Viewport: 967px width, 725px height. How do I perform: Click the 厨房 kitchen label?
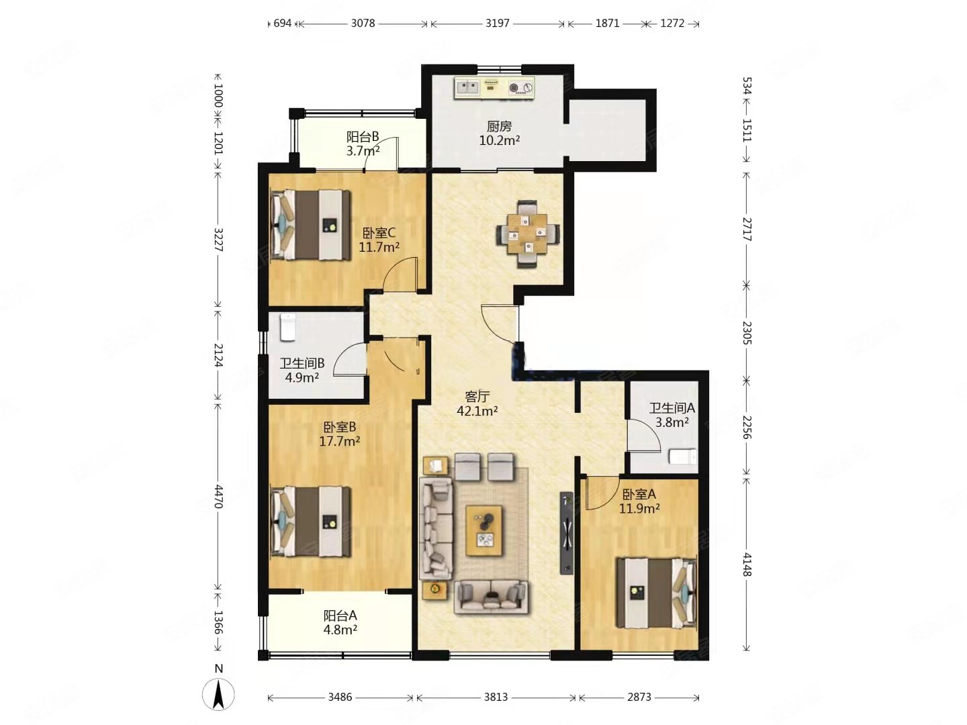499,127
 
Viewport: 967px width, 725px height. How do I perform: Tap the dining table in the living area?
527,233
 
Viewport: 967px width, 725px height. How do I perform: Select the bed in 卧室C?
311,224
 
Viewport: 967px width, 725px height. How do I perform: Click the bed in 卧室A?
655,592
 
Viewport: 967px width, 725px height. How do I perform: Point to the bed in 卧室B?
311,521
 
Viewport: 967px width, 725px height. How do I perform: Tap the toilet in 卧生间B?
287,327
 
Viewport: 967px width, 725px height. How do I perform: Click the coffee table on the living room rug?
483,531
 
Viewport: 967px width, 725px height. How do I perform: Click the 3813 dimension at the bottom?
496,697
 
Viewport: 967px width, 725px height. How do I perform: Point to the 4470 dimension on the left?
218,496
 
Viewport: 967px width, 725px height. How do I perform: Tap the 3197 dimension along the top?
498,23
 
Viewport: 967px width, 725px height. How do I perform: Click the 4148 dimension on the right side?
746,564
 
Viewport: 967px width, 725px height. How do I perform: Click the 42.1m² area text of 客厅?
477,411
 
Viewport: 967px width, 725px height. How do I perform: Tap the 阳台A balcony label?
340,615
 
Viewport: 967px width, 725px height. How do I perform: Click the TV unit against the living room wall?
567,533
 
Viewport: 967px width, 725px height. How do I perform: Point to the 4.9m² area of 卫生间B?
302,377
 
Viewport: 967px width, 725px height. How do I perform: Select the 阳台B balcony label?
363,136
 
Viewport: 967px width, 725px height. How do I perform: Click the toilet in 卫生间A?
684,456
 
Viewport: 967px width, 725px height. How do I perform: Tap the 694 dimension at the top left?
283,23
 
